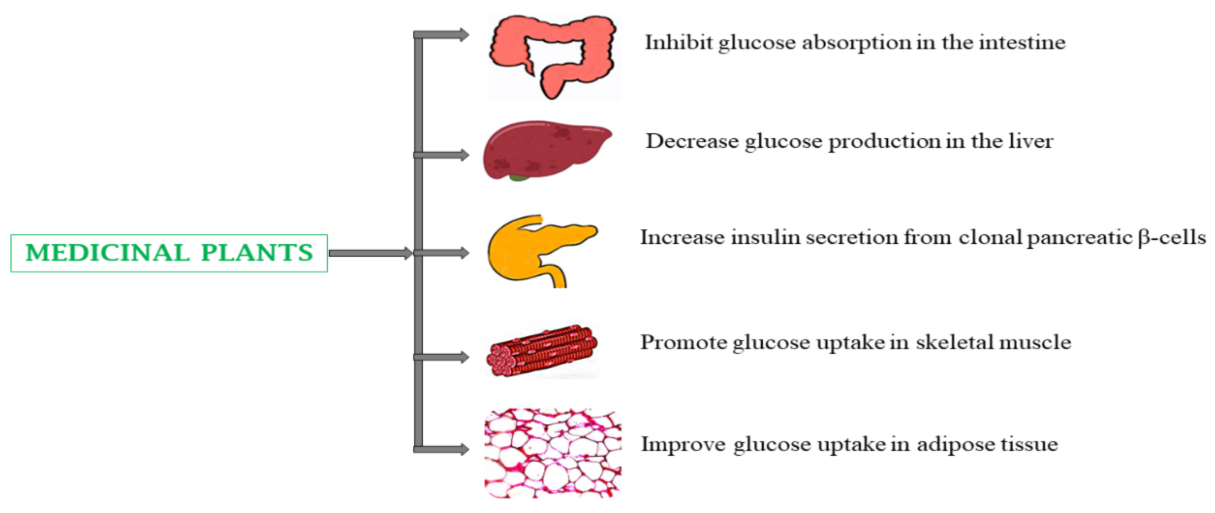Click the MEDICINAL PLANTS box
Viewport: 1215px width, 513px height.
[x=169, y=253]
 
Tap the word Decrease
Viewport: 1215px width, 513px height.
[x=692, y=141]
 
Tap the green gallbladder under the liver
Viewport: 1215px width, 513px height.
[x=519, y=178]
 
